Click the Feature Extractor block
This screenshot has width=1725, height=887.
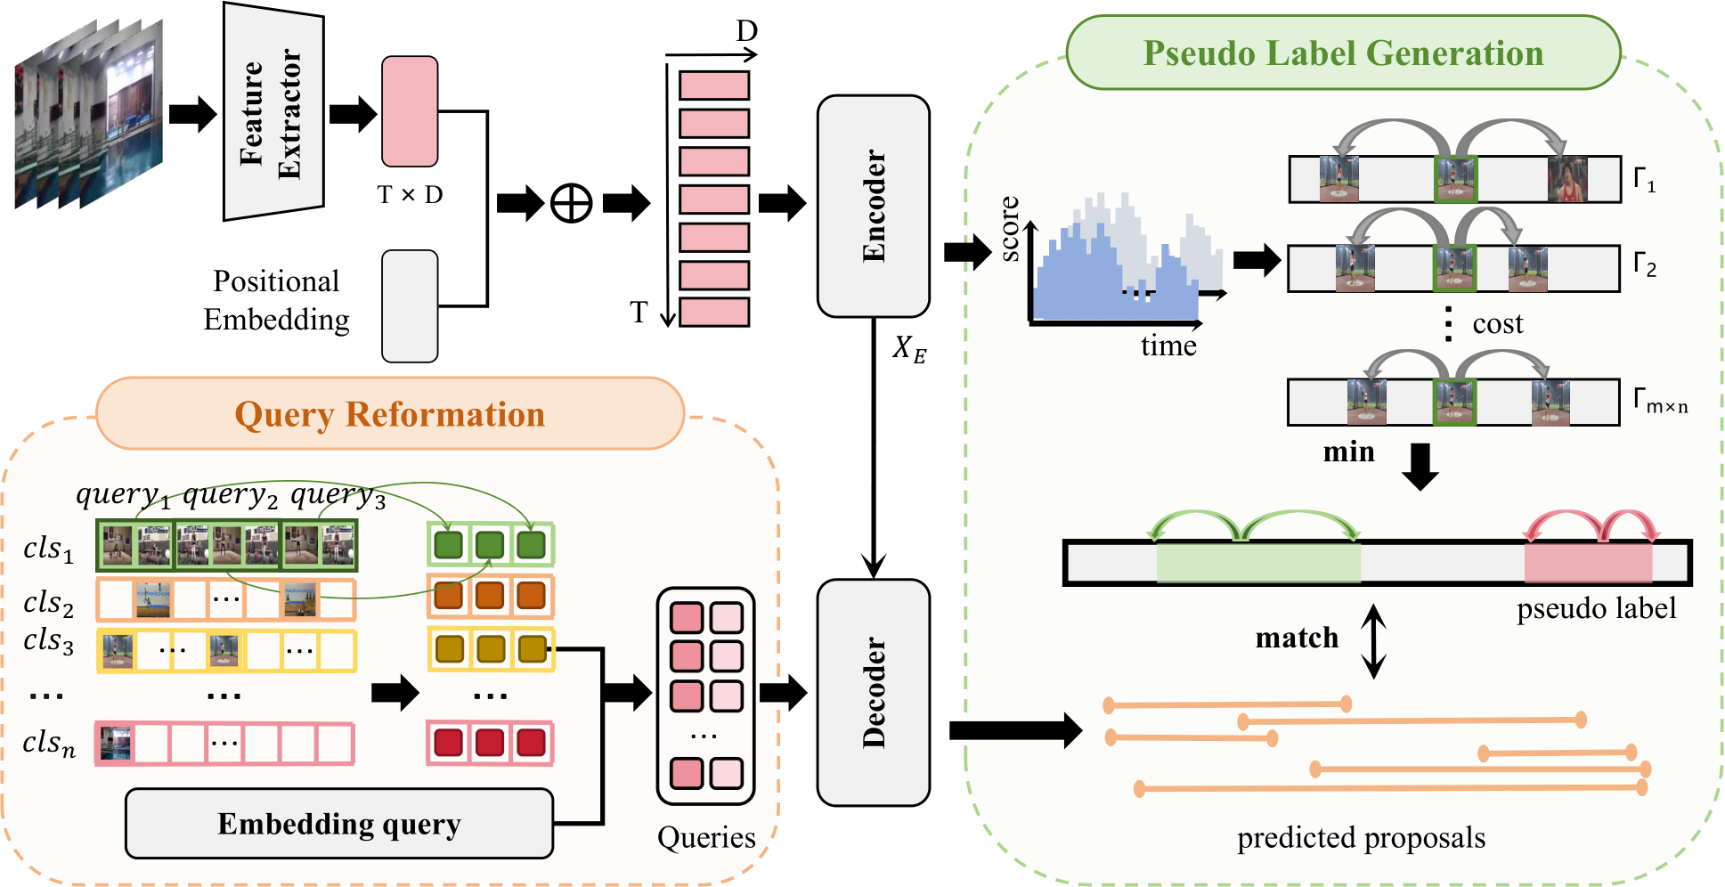coord(272,111)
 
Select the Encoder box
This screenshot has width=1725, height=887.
coord(873,206)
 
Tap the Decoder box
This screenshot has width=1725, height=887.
coord(873,692)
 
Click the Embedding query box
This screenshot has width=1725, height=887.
coord(338,824)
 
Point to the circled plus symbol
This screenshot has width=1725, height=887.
coord(571,203)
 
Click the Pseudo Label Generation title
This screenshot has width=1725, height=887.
coord(1343,53)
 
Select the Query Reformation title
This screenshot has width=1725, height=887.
coord(389,414)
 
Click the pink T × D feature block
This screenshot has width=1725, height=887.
coord(410,111)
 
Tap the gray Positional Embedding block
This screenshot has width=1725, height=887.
coord(410,306)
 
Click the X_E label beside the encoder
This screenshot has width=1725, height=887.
coord(909,348)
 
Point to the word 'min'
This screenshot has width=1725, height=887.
coord(1348,452)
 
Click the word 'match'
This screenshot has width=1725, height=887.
coord(1297,638)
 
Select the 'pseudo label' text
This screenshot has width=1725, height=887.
coord(1596,608)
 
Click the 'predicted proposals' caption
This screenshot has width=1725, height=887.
coord(1361,838)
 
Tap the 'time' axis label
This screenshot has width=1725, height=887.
coord(1168,346)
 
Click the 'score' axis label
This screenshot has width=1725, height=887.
coord(1010,229)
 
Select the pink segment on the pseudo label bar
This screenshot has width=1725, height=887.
coord(1588,563)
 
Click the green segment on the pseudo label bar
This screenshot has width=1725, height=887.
coord(1258,563)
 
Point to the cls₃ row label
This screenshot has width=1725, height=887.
coord(48,641)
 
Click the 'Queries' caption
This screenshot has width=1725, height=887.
coord(706,837)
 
